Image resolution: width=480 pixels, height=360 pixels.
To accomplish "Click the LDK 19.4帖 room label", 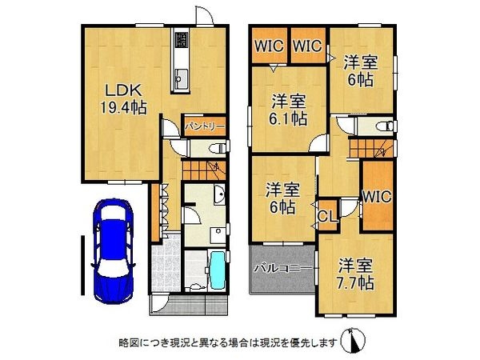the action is [123, 99].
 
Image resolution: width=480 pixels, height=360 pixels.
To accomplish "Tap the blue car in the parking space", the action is [114, 250].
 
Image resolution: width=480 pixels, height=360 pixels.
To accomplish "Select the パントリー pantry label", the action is [205, 126].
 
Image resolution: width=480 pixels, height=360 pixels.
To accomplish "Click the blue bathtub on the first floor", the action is [218, 270].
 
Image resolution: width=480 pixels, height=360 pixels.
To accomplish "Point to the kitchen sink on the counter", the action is [182, 79].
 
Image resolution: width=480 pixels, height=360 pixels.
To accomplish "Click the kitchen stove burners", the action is [181, 40].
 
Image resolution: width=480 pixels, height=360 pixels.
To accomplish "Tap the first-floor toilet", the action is [217, 149].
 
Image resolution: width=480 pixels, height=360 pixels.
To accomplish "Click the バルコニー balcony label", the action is [283, 269].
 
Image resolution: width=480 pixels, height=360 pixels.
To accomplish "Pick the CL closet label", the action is [327, 216].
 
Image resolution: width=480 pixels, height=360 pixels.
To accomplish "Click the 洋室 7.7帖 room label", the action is [356, 274].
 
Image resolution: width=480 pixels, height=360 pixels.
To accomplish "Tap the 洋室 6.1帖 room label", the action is [287, 110].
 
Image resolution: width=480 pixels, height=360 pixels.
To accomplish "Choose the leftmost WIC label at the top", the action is [269, 46].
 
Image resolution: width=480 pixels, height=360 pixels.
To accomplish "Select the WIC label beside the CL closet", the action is [377, 196].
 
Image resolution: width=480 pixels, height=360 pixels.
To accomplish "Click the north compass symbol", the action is [354, 341].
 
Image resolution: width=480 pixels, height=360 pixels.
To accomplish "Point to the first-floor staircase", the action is [204, 170].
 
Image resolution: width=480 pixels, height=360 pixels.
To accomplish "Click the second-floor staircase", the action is [372, 148].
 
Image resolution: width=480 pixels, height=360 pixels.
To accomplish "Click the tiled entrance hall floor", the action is [166, 263].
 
